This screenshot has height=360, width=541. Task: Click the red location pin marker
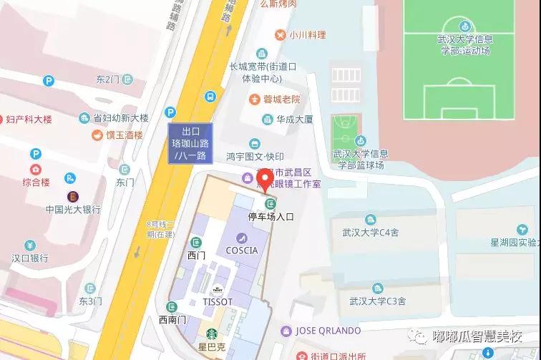265,179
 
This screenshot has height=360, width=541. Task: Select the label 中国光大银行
73,210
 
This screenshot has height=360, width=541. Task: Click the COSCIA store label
241,250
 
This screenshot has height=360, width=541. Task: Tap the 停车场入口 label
270,216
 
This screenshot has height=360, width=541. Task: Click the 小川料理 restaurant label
307,35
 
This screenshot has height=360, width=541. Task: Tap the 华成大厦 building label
296,120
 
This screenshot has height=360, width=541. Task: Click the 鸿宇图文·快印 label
255,156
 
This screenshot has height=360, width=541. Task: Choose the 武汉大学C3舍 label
373,300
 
